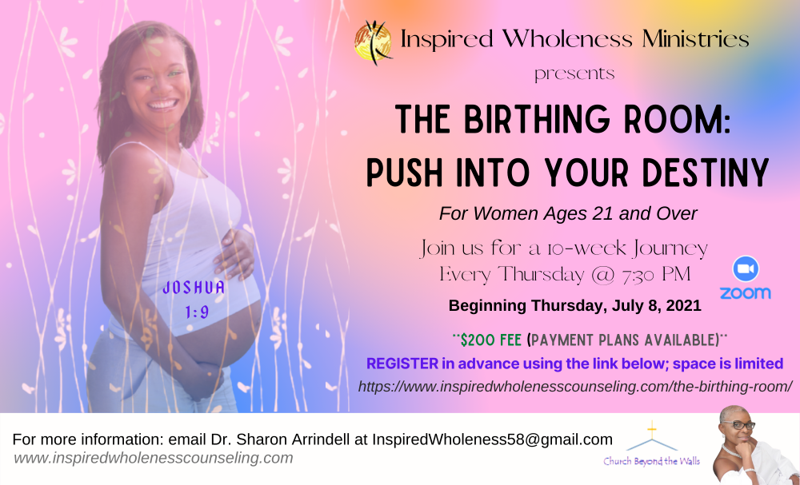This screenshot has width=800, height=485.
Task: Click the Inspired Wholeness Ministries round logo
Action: click(x=373, y=42)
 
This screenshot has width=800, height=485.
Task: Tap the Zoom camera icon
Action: click(x=746, y=268)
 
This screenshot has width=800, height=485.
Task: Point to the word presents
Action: click(x=574, y=74)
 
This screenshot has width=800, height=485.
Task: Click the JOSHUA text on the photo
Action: click(x=194, y=288)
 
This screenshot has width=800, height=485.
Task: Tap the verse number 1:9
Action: click(x=197, y=312)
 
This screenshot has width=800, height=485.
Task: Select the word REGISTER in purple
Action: click(x=402, y=364)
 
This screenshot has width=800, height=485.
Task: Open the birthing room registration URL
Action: click(x=575, y=387)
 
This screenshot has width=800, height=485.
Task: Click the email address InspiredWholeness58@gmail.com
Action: click(x=492, y=439)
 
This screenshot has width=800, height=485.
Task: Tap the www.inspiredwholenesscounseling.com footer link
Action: click(x=153, y=458)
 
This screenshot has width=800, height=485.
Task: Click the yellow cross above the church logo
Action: click(x=651, y=430)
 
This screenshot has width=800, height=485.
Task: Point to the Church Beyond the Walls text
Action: click(x=651, y=461)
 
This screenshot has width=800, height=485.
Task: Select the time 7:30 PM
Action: click(x=655, y=275)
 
